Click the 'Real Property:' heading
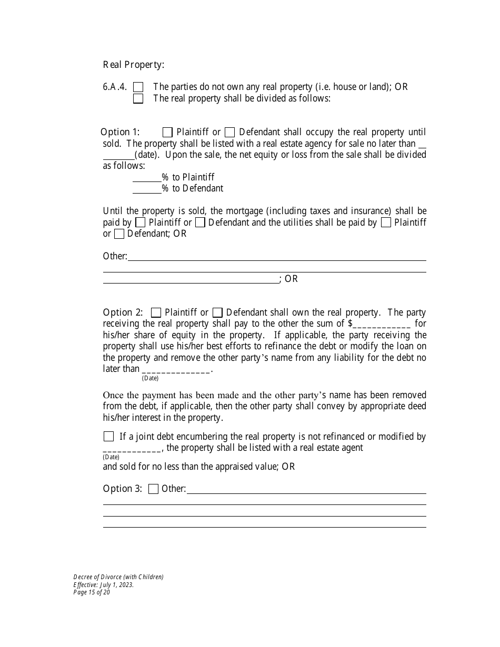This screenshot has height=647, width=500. (x=133, y=65)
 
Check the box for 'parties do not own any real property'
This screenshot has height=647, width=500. (x=138, y=87)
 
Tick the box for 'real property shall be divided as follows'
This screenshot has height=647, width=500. (x=138, y=99)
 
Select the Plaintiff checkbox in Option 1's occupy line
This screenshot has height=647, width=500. (x=167, y=133)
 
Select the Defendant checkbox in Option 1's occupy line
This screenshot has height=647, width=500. (x=229, y=133)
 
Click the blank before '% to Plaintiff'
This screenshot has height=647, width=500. (x=147, y=178)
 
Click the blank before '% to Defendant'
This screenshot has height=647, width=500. (x=147, y=189)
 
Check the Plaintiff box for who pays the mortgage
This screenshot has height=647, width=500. (x=140, y=223)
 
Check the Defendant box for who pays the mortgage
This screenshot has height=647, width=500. (x=200, y=223)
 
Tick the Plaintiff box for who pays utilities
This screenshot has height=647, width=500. (x=386, y=223)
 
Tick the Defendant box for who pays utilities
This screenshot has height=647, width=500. (x=119, y=234)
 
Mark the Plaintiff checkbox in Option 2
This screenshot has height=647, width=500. (x=156, y=313)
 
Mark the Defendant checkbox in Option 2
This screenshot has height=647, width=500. (x=217, y=313)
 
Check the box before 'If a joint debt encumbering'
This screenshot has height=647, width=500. (x=108, y=437)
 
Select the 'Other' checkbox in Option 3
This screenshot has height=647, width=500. (x=153, y=489)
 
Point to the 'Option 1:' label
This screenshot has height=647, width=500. (x=120, y=133)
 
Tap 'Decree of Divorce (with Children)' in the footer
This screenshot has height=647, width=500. (x=118, y=577)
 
